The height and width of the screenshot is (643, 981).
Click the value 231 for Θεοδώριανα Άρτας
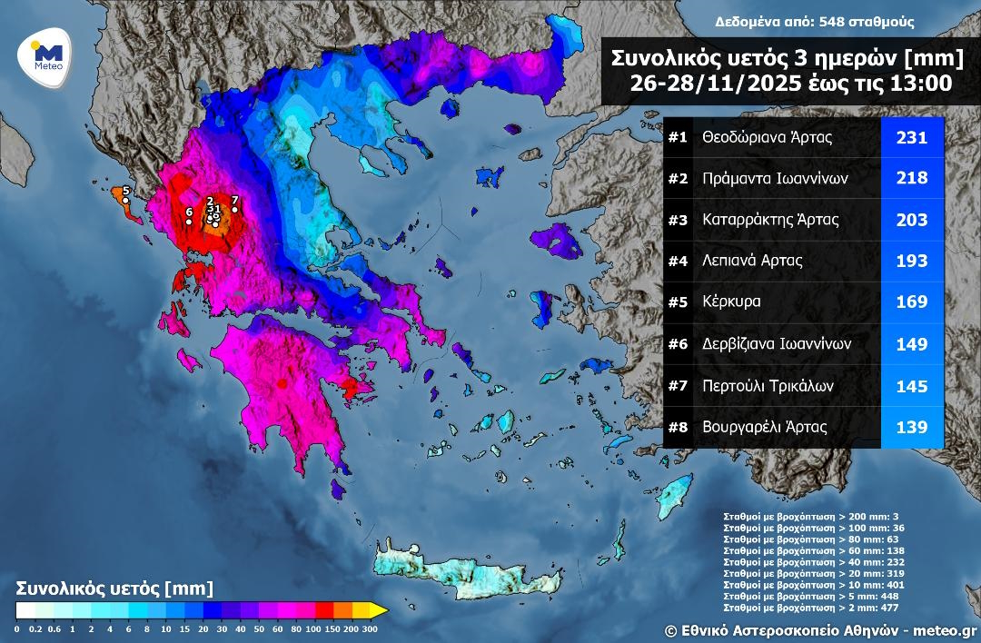[911, 138]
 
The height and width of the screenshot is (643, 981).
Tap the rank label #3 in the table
[679, 220]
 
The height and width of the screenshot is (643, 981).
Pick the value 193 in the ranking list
[911, 262]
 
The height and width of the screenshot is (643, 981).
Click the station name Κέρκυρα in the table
[731, 302]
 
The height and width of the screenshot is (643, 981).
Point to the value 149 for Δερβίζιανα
[911, 344]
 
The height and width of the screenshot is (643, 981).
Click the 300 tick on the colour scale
[370, 628]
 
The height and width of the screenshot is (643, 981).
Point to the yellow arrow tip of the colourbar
[382, 609]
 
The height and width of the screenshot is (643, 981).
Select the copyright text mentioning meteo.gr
[820, 629]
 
